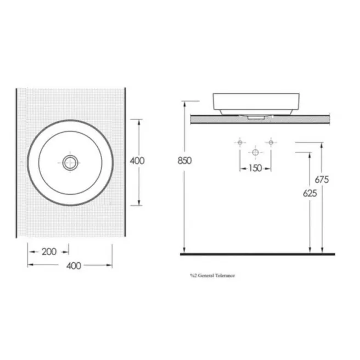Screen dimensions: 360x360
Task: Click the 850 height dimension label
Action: (184, 161)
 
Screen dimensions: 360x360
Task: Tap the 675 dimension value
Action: (322, 179)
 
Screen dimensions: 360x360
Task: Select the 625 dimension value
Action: (310, 193)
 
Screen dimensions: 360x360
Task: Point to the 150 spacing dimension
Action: (255, 168)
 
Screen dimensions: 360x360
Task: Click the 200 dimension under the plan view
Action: (49, 252)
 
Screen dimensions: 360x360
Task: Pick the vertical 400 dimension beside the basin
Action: (137, 161)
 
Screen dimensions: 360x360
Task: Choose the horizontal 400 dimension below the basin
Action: (74, 266)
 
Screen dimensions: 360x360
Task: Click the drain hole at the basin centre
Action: (70, 163)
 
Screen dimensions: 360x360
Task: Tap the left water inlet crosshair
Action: (240, 143)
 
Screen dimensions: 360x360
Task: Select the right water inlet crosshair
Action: (271, 143)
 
